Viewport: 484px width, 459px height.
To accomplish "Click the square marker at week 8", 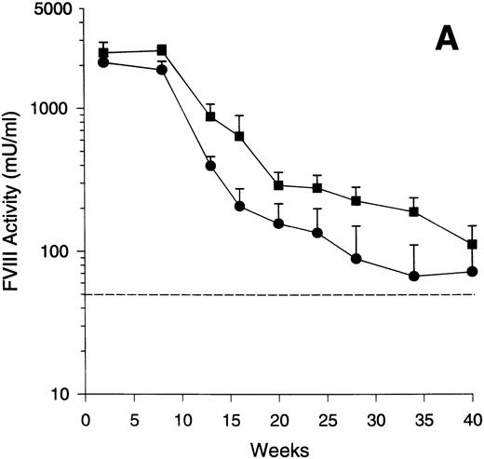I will coord(162,50).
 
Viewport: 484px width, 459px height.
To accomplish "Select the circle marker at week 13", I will coord(210,166).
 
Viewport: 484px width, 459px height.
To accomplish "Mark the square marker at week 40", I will coord(472,244).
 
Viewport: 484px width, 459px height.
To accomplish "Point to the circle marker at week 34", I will coord(414,277).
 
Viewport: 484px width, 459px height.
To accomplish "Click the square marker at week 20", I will coord(278,185).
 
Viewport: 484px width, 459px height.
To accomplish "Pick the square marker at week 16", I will coord(239,136).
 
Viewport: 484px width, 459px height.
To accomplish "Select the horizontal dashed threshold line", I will coord(279,294).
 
